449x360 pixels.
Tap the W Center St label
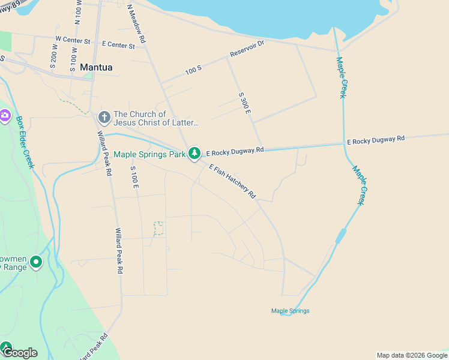point(72,40)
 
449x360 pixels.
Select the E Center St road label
point(118,44)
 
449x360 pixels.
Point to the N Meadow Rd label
point(136,23)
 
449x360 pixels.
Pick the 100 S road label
point(193,71)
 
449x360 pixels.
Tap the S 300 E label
point(244,103)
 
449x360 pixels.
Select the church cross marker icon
point(104,116)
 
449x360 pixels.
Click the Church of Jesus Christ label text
point(156,118)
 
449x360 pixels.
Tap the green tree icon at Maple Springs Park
point(194,154)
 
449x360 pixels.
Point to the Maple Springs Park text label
point(149,154)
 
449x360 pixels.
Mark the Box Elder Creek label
point(25,142)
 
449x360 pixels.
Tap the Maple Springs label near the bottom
point(290,311)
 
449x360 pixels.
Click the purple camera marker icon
point(5,115)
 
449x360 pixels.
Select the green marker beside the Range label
point(36,262)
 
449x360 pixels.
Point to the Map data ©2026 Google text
point(412,355)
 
